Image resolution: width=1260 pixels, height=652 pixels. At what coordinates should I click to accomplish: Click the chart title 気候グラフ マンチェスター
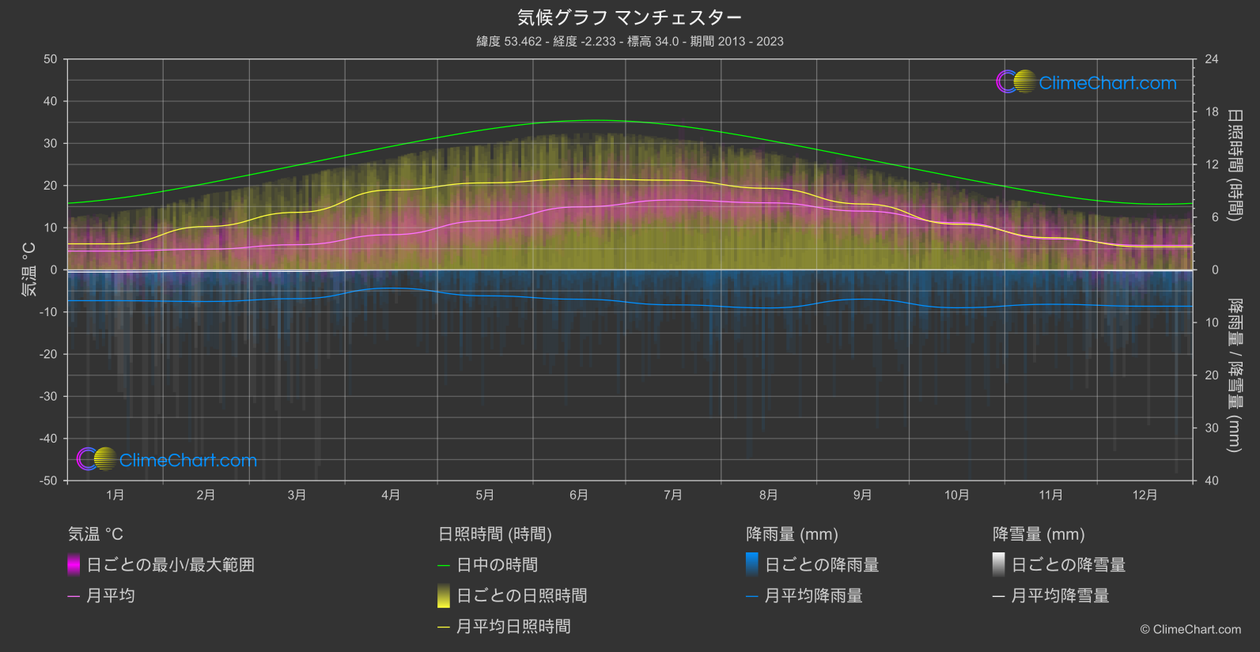(x=630, y=17)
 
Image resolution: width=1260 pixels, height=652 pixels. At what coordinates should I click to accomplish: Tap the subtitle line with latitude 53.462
(x=630, y=41)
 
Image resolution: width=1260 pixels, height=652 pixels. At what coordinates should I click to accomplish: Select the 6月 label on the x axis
(x=579, y=495)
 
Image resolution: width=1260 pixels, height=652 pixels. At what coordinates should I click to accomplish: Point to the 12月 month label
(x=1145, y=495)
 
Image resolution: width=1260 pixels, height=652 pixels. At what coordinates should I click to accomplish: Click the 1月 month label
(x=115, y=495)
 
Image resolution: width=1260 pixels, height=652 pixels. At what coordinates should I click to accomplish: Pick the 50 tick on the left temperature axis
(x=51, y=59)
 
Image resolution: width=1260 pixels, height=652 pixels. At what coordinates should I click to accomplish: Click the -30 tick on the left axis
(x=49, y=397)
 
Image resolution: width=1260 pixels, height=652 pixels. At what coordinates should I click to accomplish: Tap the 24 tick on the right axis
(x=1211, y=59)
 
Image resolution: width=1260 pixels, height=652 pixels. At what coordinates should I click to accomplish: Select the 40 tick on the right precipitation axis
(x=1211, y=481)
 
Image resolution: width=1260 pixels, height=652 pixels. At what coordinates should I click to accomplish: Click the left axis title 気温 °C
(x=29, y=269)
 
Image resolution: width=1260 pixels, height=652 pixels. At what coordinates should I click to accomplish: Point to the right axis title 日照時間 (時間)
(x=1234, y=164)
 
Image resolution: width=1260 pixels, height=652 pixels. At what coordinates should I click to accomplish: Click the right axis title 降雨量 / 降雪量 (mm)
(x=1234, y=375)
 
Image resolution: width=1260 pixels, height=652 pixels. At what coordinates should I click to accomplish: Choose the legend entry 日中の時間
(x=497, y=565)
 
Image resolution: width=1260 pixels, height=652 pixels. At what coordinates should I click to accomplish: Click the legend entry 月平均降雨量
(x=813, y=596)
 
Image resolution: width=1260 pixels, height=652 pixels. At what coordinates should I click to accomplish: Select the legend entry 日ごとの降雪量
(x=1068, y=565)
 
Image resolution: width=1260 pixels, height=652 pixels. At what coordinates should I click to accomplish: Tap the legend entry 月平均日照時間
(x=513, y=627)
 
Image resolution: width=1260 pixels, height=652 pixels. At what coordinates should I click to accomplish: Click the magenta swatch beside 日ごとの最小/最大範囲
(x=74, y=565)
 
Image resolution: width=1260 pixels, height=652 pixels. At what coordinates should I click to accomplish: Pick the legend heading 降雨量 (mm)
(x=792, y=534)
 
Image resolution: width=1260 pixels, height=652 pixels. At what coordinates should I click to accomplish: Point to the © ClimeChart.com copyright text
(x=1190, y=630)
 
